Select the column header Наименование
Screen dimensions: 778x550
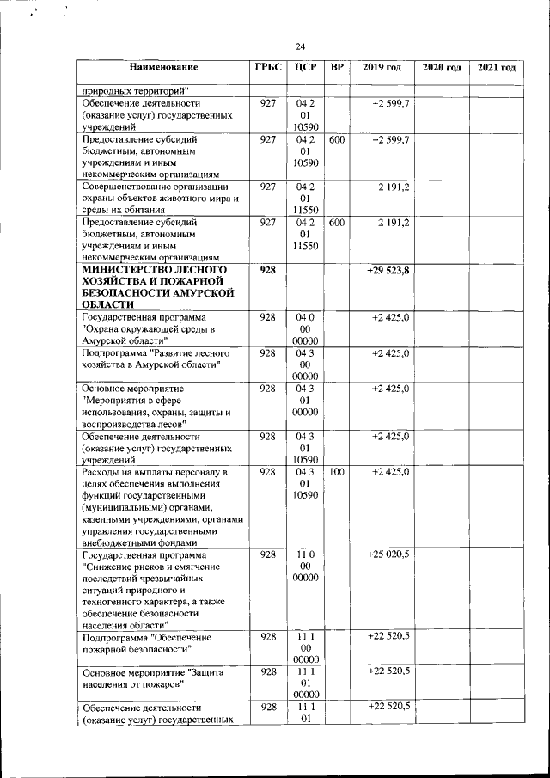(x=164, y=67)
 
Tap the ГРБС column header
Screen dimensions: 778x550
(x=267, y=67)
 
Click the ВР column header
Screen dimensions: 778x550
(x=337, y=67)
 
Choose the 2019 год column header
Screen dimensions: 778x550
(x=382, y=67)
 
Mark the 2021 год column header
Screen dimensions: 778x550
(x=496, y=67)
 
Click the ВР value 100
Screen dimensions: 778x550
(x=337, y=472)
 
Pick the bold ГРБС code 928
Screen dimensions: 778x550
(x=267, y=270)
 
